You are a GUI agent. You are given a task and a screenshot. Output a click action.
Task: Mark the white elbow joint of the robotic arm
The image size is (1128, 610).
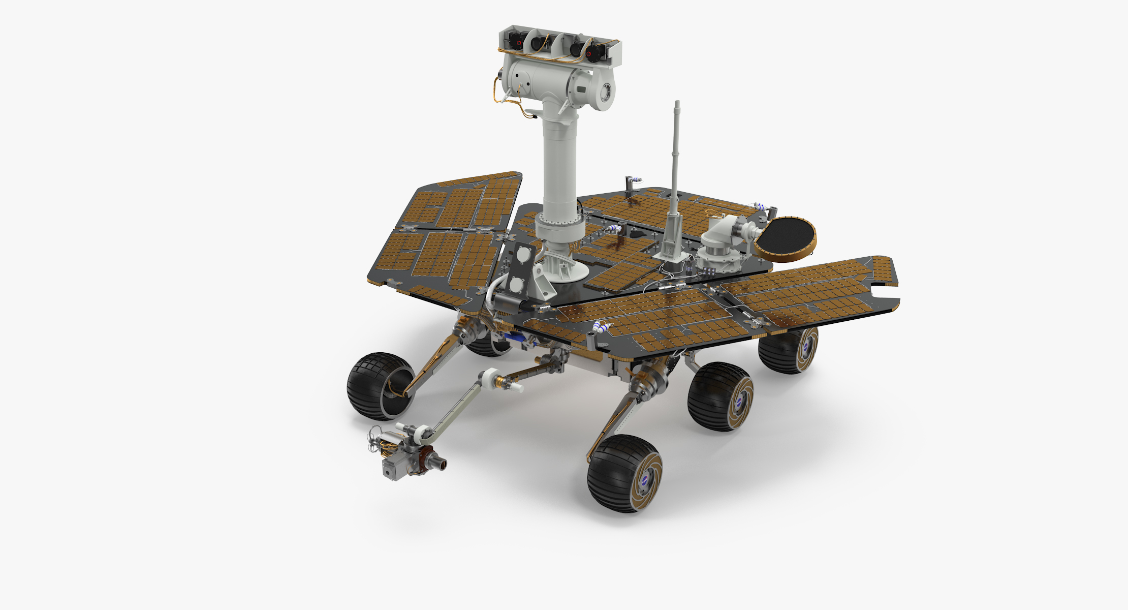pyautogui.click(x=489, y=379)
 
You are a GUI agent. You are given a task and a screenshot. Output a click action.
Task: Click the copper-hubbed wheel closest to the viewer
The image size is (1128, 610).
pyautogui.click(x=625, y=473)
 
